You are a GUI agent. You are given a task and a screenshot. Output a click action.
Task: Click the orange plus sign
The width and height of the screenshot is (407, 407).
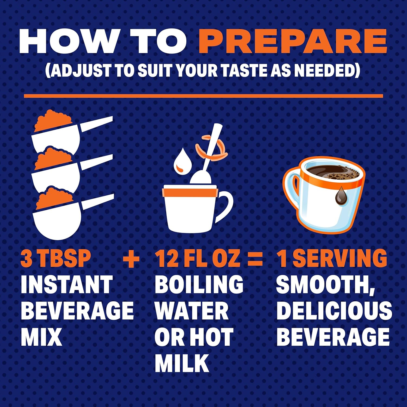131,258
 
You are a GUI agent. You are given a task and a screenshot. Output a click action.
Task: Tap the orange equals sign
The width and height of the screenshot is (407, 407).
255,258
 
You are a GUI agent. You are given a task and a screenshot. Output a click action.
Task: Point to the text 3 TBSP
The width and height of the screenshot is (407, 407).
56,258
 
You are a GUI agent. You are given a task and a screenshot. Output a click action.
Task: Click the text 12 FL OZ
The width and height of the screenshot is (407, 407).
198,258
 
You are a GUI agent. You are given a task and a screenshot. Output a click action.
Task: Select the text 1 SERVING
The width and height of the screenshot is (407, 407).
332,258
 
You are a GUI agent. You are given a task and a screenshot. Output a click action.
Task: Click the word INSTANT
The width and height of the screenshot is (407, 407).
67,284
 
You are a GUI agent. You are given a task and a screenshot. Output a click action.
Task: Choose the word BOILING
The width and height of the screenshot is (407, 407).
199,284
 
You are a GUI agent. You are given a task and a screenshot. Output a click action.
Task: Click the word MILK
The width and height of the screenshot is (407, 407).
182,363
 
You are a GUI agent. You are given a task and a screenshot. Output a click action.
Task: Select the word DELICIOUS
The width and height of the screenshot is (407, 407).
334,311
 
